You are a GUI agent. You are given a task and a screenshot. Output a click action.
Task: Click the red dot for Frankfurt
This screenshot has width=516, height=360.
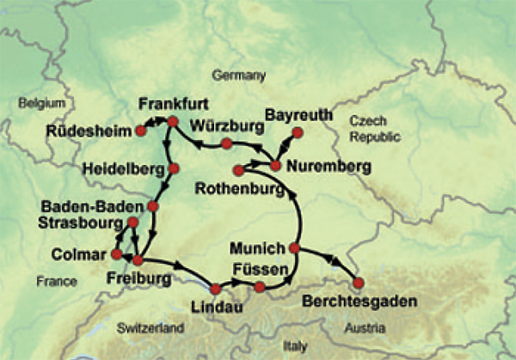tap(172, 122)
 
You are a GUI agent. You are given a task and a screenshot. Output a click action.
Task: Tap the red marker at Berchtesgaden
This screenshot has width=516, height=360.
tap(359, 282)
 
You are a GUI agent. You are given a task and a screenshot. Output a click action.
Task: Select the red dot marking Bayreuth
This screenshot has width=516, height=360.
tap(298, 132)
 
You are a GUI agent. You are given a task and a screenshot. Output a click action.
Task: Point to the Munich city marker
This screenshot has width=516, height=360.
tap(294, 248)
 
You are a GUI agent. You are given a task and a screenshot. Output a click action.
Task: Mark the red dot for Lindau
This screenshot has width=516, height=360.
tap(216, 290)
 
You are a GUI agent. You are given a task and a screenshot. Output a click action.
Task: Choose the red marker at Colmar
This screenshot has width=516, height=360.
tap(117, 254)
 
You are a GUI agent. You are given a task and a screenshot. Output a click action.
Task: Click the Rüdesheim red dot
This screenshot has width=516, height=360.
tap(140, 131)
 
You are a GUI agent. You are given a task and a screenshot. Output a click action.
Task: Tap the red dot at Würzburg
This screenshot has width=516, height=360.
tap(227, 143)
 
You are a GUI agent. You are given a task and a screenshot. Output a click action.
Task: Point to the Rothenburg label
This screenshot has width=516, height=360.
tap(239, 187)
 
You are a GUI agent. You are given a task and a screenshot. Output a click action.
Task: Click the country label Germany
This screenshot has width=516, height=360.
tap(240, 75)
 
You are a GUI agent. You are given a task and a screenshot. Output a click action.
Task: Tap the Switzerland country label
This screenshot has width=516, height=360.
tap(150, 328)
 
